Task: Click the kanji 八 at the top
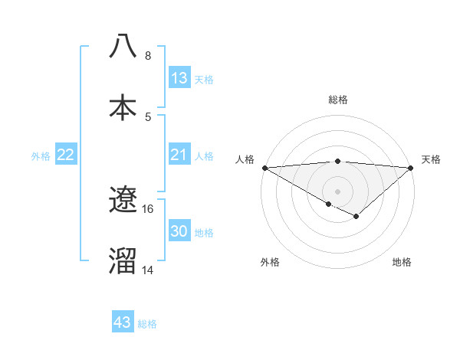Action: pos(123,47)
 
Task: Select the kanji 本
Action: pos(123,108)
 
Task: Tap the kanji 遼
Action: pos(123,200)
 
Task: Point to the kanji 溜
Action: pos(123,260)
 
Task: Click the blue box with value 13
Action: pos(179,77)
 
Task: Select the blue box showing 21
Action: pos(179,155)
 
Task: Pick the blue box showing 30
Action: pos(179,231)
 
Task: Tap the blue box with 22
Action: pos(66,155)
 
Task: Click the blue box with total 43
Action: pos(123,322)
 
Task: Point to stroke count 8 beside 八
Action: pos(148,56)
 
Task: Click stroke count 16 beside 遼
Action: pos(148,208)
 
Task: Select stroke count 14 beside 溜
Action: pos(148,270)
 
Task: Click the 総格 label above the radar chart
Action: pos(337,100)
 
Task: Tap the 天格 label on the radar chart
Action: pos(431,159)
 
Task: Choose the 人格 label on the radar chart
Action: pos(245,159)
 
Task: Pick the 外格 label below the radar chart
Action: pos(270,262)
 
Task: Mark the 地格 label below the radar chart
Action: pos(402,262)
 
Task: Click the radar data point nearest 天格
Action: pos(411,168)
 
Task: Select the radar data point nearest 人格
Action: pos(264,168)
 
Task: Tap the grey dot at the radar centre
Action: pos(337,191)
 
